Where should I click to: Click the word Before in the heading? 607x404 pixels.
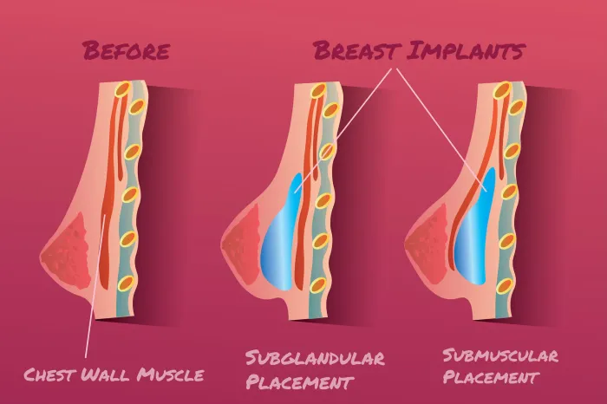(x=127, y=50)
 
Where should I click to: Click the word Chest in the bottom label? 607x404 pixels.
(x=50, y=375)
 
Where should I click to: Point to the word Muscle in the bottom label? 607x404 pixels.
(x=171, y=375)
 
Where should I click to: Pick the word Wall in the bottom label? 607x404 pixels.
(x=107, y=375)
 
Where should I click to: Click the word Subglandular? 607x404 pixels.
(x=315, y=358)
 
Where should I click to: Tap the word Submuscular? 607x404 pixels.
(x=500, y=355)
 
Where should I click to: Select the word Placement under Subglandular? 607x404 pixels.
(x=300, y=382)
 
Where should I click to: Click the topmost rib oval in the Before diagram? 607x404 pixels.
(x=124, y=89)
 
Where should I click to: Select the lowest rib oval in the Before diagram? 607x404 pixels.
(x=127, y=283)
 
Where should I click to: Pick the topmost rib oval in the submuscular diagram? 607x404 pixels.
(x=502, y=90)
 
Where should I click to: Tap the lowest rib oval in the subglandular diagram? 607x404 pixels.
(x=318, y=285)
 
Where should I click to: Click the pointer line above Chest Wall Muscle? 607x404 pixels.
(x=95, y=285)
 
